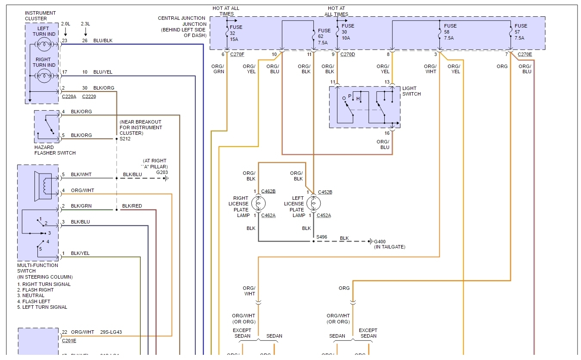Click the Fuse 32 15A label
[x=236, y=33]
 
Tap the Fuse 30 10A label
[x=348, y=32]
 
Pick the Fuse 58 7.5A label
[x=450, y=32]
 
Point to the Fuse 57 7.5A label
[x=521, y=32]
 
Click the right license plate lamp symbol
[x=258, y=203]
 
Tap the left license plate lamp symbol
[x=313, y=203]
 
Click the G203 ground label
[x=162, y=172]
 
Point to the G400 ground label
[x=380, y=241]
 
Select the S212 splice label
[x=125, y=139]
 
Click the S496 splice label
[x=321, y=237]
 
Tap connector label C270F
[x=237, y=54]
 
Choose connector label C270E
[x=525, y=54]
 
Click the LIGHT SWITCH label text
[x=411, y=91]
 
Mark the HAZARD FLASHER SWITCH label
[x=55, y=150]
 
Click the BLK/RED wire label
[x=132, y=206]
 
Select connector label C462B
[x=268, y=192]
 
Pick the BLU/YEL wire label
[x=103, y=72]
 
